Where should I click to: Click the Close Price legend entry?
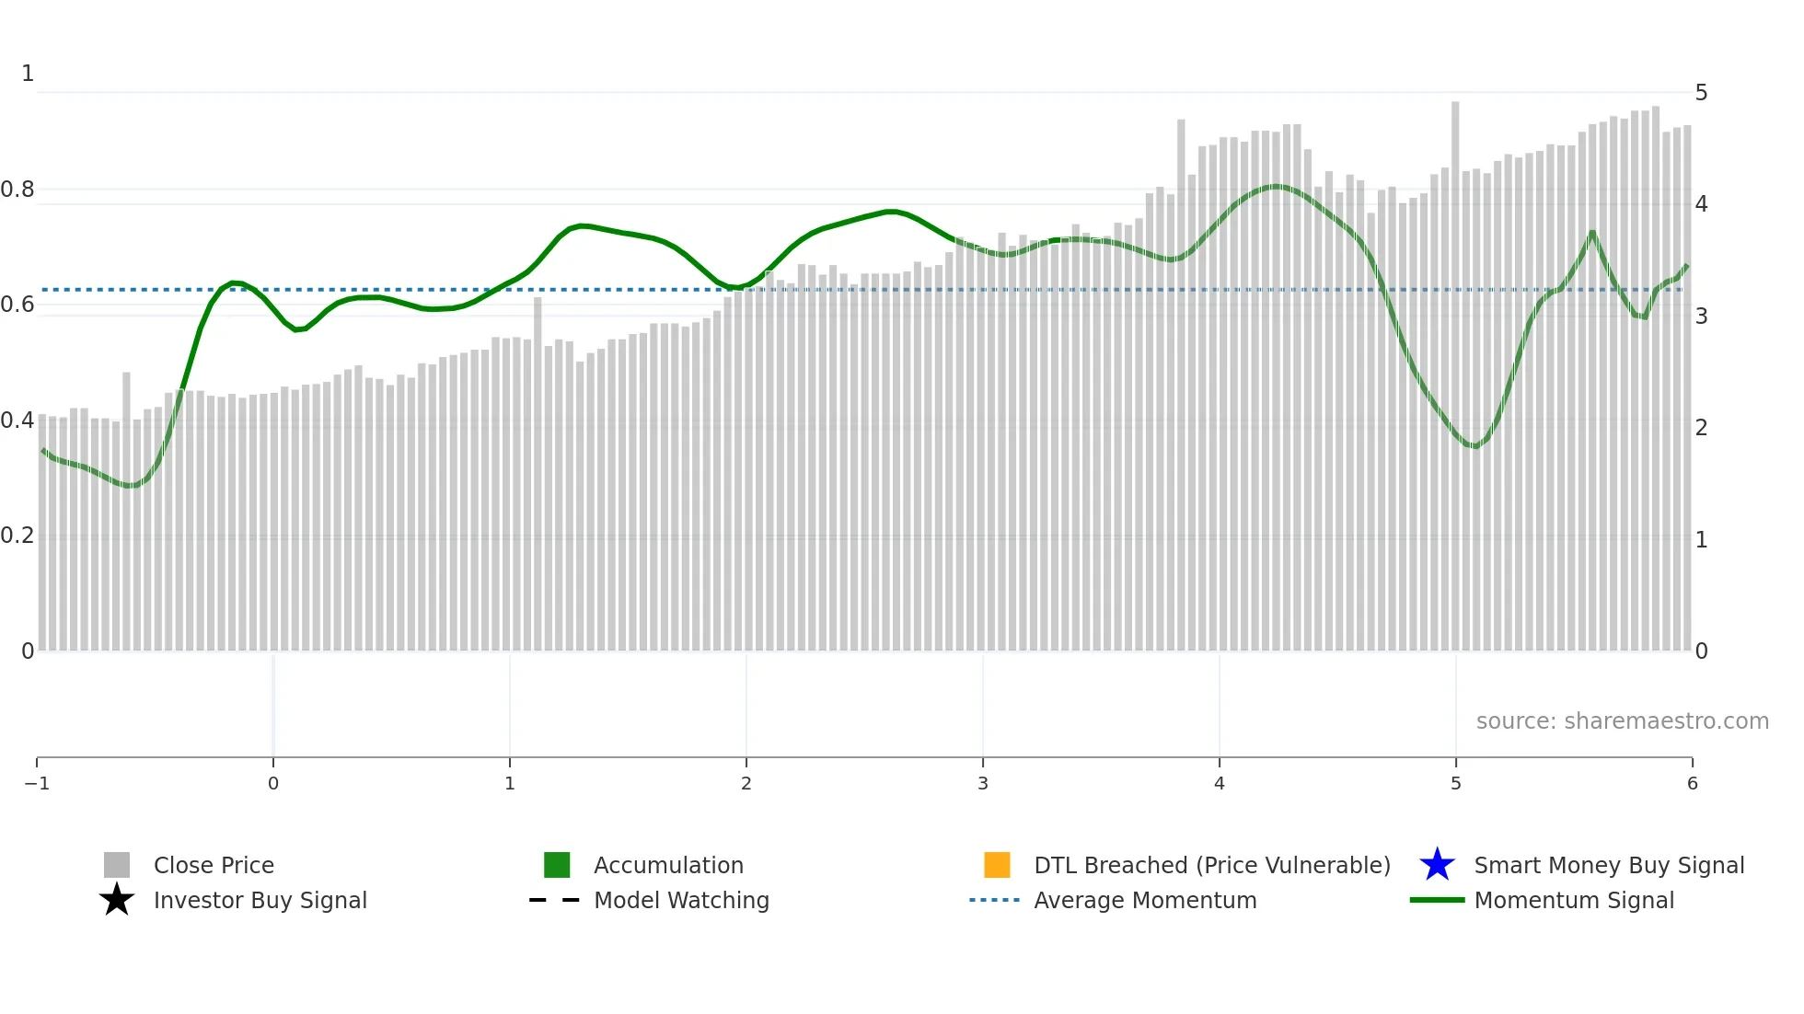[x=213, y=865]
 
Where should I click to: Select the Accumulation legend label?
[x=668, y=865]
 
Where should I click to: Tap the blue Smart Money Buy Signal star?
[x=1437, y=865]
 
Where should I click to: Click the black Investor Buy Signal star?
[x=117, y=900]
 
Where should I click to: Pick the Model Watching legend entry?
[x=681, y=900]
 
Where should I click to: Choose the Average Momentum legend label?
[x=1145, y=900]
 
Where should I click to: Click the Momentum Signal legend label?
[x=1574, y=900]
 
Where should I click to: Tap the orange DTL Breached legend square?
[x=997, y=865]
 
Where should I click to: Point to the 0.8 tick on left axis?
[x=17, y=190]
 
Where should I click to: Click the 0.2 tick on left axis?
[x=17, y=536]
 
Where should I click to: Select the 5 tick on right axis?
[x=1701, y=93]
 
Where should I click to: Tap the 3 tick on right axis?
[x=1701, y=317]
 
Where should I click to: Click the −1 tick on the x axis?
[x=37, y=784]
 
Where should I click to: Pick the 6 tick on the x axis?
[x=1692, y=784]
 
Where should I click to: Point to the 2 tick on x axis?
[x=746, y=784]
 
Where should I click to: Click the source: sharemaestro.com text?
[x=1622, y=721]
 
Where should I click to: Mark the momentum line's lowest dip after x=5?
[x=1475, y=446]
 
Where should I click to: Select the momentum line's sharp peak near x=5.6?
[x=1592, y=232]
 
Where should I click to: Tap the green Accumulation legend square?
[x=557, y=865]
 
